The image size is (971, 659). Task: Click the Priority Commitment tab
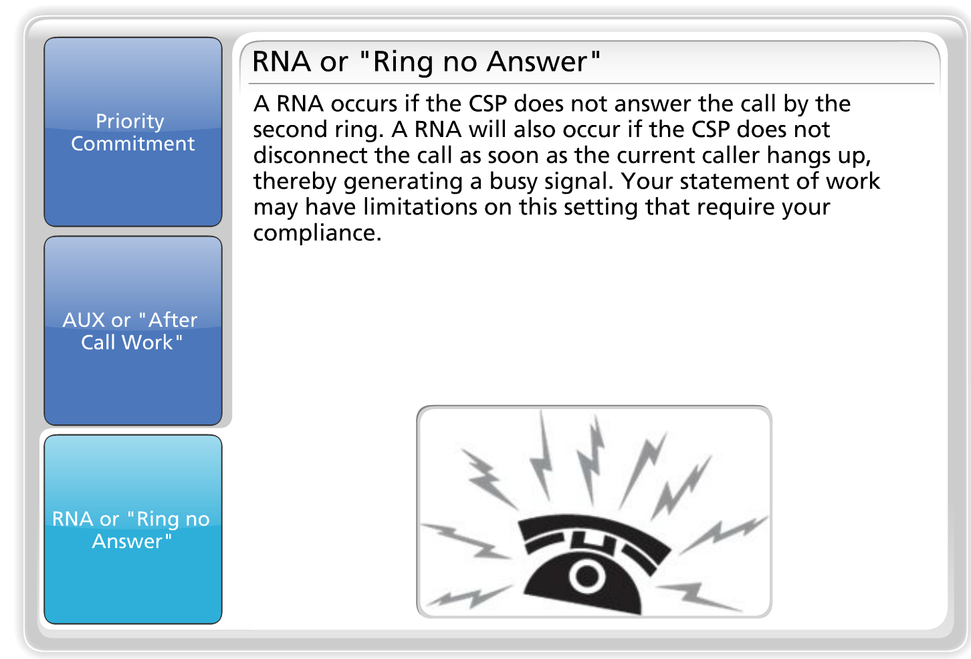coord(132,132)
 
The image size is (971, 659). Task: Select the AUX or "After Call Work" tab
coord(132,330)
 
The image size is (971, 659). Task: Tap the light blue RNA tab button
coord(132,529)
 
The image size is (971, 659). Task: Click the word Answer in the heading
coord(537,62)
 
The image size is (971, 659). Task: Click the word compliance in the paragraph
coord(316,233)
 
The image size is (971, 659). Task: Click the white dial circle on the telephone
coord(587,575)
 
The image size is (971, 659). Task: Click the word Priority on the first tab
coord(130,121)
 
